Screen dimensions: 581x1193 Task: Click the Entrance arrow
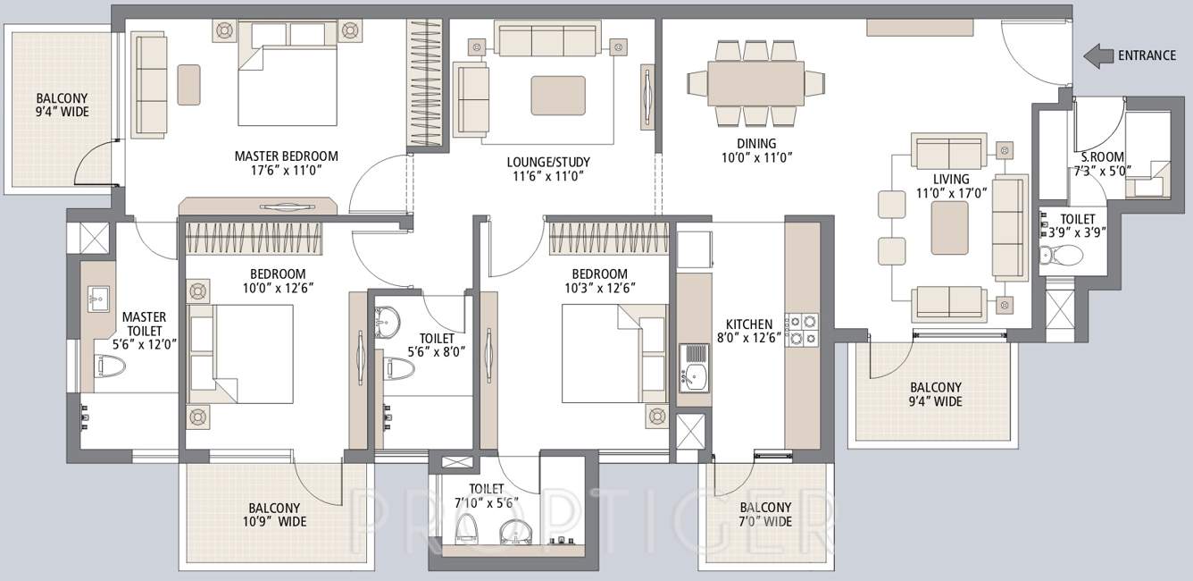[1097, 55]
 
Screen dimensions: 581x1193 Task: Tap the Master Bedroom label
[286, 156]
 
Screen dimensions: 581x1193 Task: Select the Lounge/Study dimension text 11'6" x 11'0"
[547, 176]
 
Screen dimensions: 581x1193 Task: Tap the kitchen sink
[694, 368]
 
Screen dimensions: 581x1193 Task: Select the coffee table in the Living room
[949, 228]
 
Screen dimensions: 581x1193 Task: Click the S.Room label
[1097, 156]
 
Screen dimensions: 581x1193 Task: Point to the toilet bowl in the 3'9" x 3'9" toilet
[1061, 257]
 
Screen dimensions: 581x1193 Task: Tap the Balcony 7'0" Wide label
[765, 513]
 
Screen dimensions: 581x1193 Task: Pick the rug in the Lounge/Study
[558, 95]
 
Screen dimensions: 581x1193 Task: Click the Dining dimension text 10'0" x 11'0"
[756, 157]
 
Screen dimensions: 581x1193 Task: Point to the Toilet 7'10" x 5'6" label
[486, 495]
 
